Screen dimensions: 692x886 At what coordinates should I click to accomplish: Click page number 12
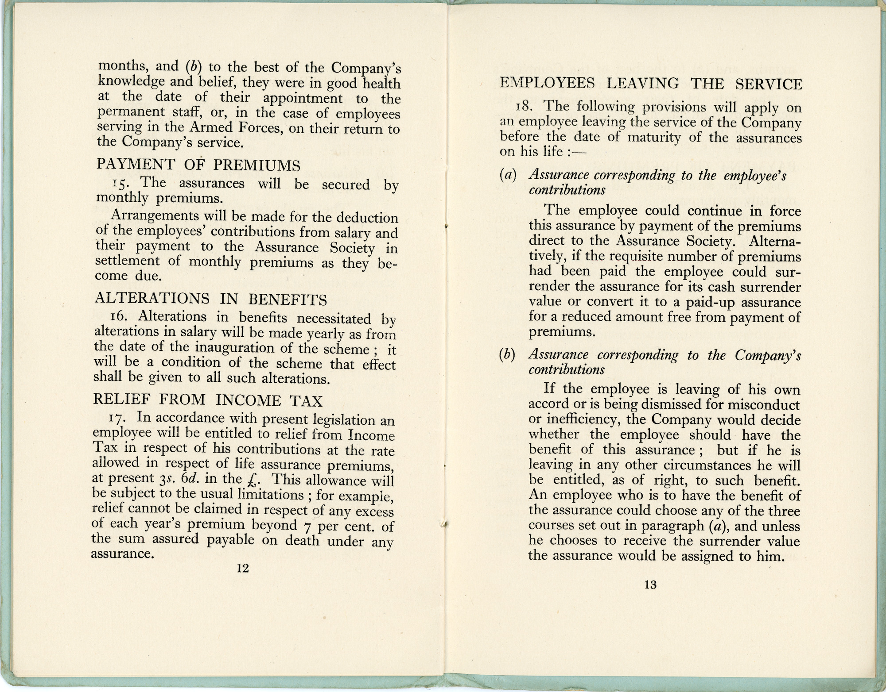(243, 568)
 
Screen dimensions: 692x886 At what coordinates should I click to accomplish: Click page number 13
(650, 585)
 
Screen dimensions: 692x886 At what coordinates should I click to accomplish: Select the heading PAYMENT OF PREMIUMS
(198, 165)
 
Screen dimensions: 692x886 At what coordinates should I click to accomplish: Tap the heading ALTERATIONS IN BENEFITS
(211, 300)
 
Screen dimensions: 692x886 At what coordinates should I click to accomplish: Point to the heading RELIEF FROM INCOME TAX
(208, 400)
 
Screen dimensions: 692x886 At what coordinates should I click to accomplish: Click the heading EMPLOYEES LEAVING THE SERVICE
(651, 84)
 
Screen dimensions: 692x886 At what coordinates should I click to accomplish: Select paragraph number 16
(119, 317)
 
